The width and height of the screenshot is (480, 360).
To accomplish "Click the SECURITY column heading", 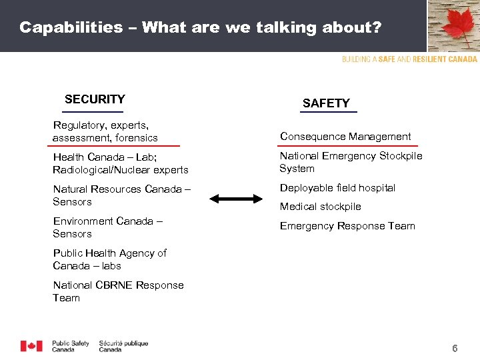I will [95, 99].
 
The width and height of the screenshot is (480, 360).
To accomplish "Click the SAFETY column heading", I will [326, 103].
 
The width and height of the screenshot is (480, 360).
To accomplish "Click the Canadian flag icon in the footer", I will [31, 346].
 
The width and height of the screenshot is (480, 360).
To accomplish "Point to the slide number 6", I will [455, 349].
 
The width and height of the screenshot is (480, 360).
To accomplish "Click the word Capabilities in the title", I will [71, 27].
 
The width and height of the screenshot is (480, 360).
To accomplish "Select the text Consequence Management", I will [345, 137].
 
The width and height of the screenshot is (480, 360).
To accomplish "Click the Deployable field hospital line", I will [337, 188].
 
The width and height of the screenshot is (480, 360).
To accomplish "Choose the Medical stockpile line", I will [320, 207].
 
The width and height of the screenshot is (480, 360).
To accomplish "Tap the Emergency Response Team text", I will [347, 226].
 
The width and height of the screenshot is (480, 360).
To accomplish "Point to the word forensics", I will [136, 138].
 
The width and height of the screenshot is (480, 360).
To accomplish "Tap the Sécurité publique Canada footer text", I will [123, 346].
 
